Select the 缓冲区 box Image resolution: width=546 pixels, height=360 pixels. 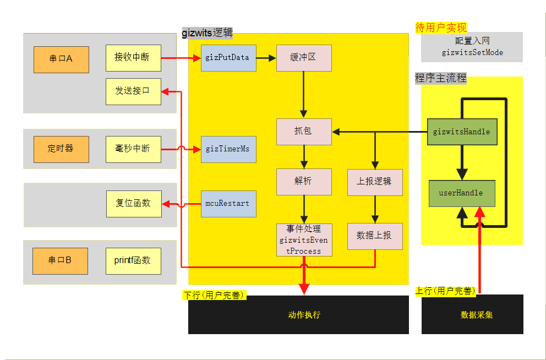pos(304,58)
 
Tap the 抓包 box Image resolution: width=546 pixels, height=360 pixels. pos(304,132)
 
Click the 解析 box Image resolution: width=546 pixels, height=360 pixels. pos(304,182)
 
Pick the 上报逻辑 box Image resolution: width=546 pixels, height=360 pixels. pos(375,182)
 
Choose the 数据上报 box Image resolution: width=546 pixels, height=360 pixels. pos(375,236)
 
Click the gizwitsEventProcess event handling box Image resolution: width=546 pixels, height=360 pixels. pos(304,239)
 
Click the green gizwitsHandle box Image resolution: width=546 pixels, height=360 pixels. pos(462,132)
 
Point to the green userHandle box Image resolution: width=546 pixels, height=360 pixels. pos(462,193)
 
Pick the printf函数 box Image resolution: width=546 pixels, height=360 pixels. pos(133,261)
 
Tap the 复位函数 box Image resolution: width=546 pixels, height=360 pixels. pos(134,204)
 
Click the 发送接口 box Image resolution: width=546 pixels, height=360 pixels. pos(133,91)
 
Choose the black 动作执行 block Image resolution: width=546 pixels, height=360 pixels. pos(298,315)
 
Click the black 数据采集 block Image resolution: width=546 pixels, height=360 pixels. pos(472,315)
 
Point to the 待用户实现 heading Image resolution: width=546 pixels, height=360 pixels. pos(441,28)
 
